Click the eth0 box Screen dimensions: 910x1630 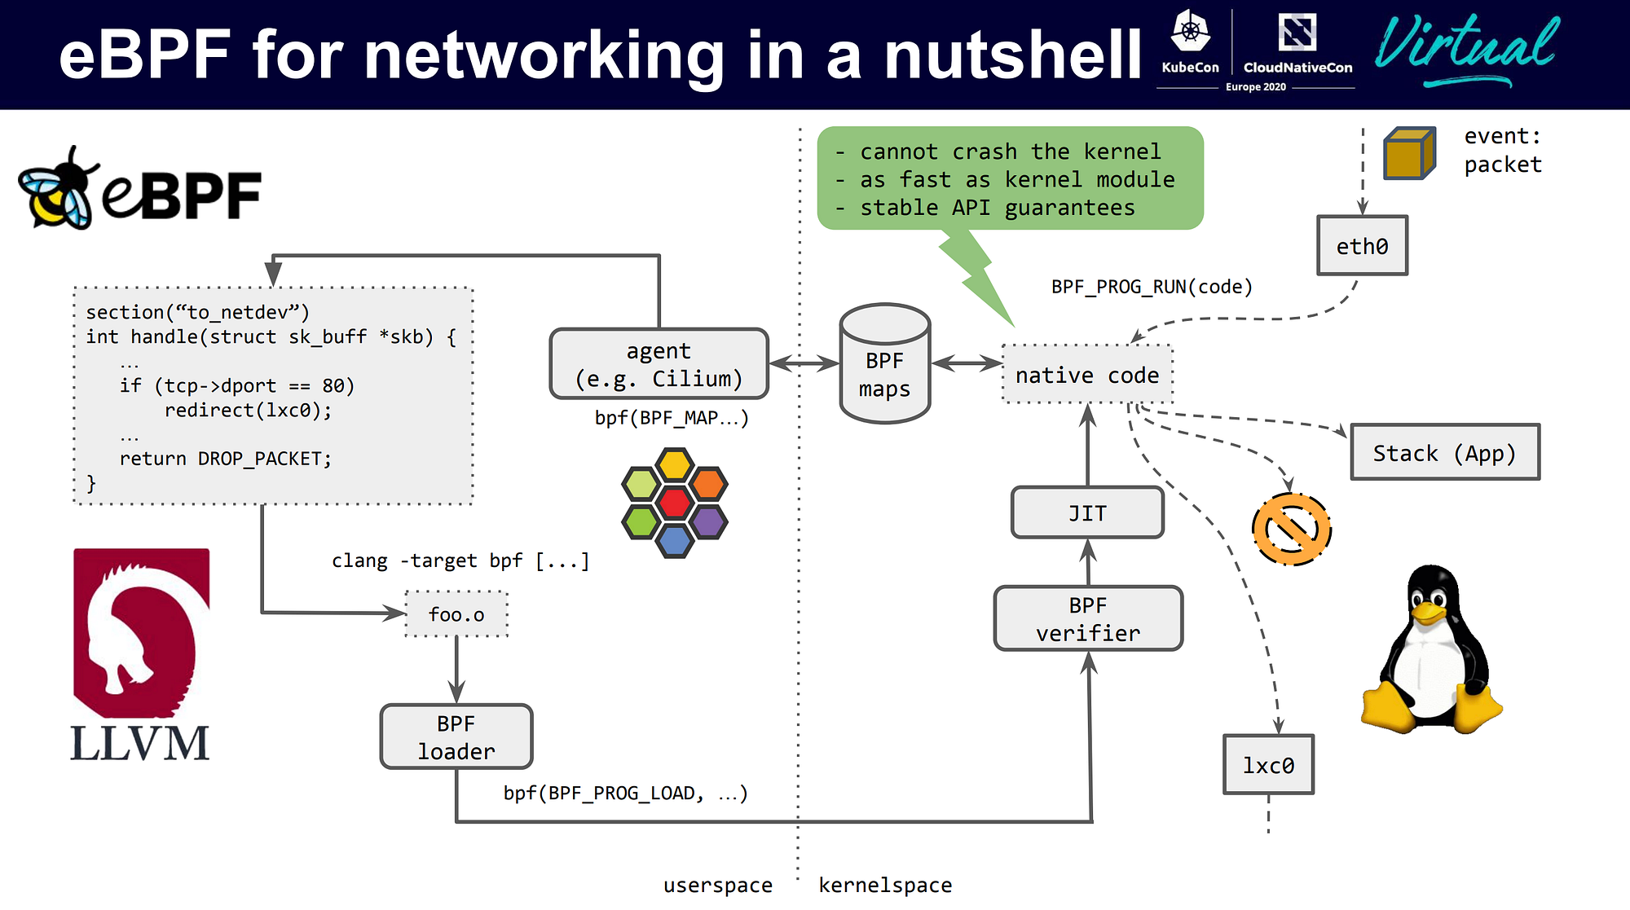point(1362,245)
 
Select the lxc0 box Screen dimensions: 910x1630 point(1268,764)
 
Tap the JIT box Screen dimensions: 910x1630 point(1087,512)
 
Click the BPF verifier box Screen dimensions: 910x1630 point(1088,618)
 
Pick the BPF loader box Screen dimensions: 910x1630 point(456,736)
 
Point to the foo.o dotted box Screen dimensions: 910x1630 point(456,614)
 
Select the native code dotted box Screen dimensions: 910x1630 point(1087,375)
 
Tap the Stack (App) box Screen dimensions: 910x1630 point(1444,452)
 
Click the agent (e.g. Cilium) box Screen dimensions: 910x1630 point(659,364)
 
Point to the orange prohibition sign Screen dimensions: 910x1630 point(1291,529)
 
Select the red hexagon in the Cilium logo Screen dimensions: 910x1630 point(675,502)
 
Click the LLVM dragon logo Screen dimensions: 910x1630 point(141,631)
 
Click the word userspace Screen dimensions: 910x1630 point(717,885)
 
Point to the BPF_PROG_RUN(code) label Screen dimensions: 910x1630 point(1151,287)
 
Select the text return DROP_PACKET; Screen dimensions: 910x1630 point(225,459)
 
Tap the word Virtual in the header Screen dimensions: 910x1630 point(1466,45)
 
